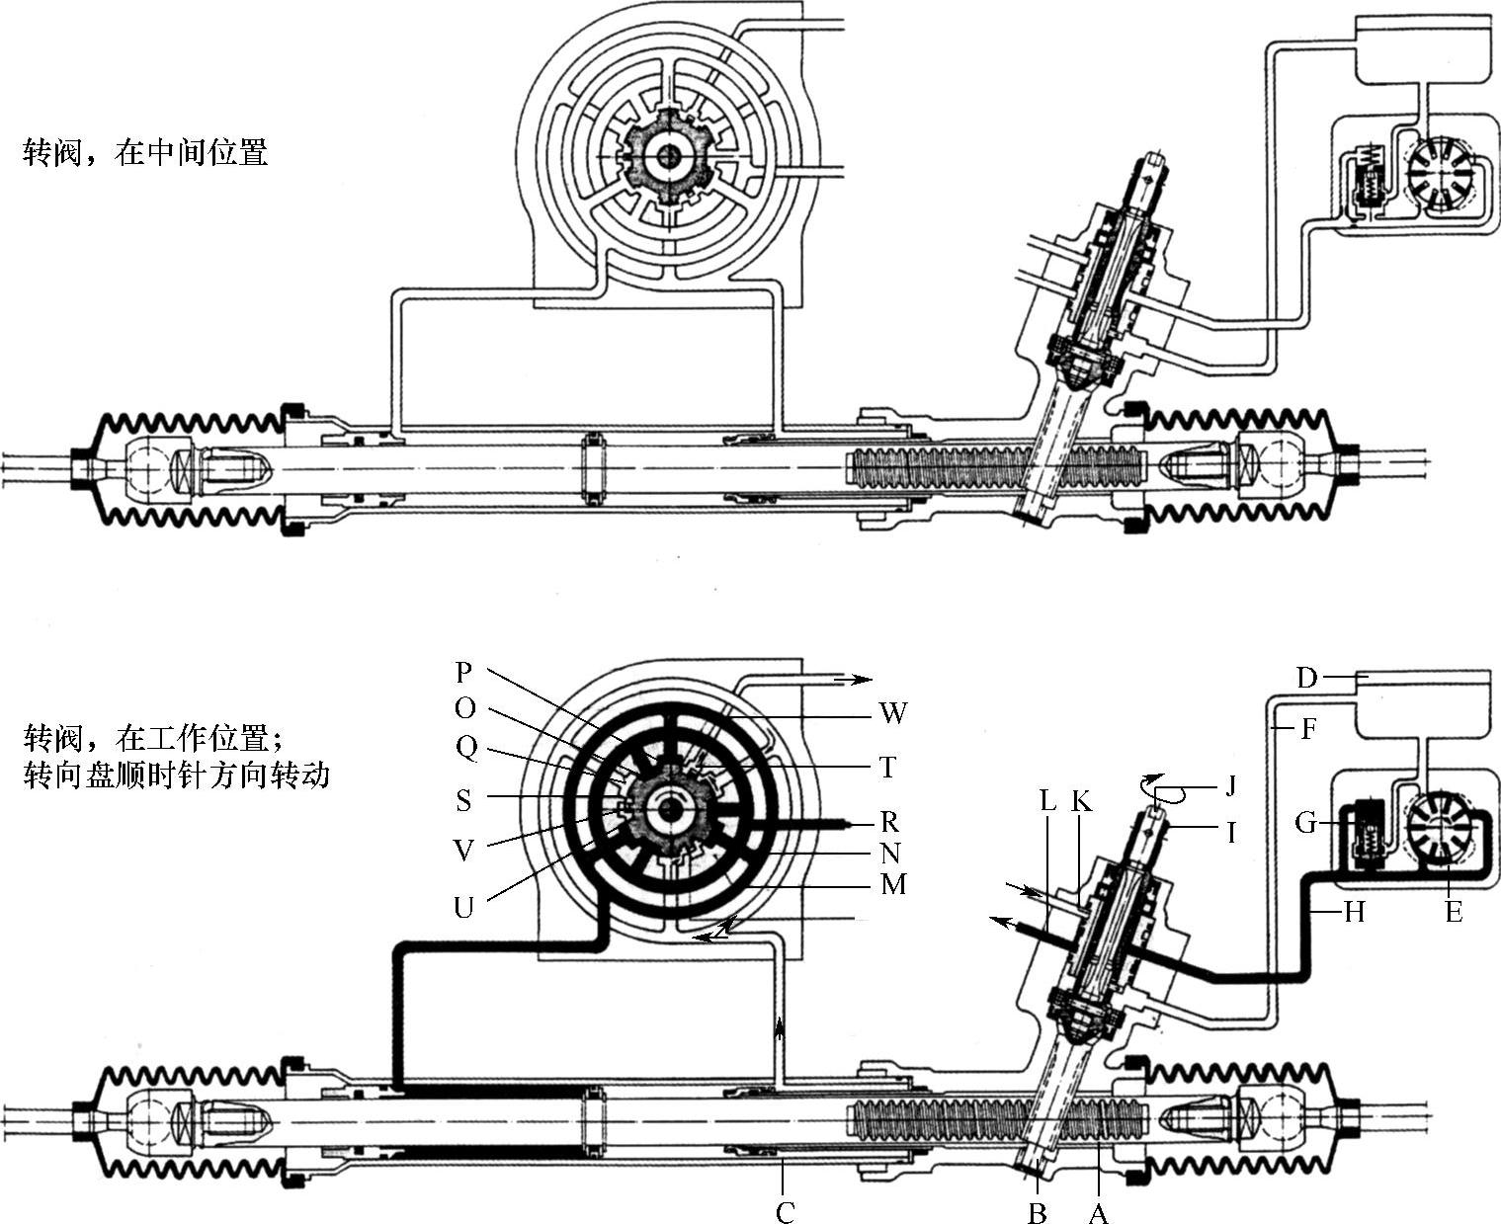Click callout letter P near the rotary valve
[463, 671]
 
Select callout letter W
[893, 712]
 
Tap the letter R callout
[889, 821]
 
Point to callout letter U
[463, 907]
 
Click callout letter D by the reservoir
[1306, 678]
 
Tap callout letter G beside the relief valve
[1306, 823]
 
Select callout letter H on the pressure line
[1355, 912]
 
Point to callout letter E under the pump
[1454, 912]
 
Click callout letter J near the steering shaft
[1230, 785]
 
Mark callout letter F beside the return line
[1308, 729]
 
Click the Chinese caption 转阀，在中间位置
[145, 152]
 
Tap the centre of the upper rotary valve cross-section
[669, 155]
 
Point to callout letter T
[887, 768]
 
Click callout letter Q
[466, 748]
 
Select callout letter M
[893, 884]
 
